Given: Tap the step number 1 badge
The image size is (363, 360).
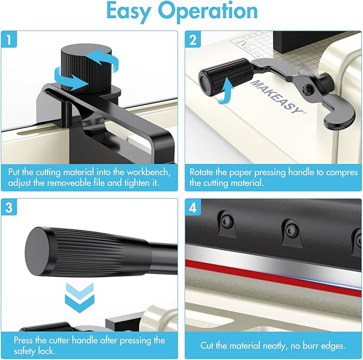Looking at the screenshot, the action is [9, 40].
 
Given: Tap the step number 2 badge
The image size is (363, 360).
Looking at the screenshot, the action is [193, 40].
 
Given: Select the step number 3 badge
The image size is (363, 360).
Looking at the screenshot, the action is [9, 207].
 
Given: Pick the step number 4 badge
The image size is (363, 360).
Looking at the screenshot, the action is [193, 207].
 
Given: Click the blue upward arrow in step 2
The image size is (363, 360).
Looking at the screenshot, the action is [226, 91].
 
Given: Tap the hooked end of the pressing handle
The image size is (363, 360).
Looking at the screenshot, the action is [339, 118].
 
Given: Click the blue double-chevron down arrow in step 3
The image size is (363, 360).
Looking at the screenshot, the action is [80, 298].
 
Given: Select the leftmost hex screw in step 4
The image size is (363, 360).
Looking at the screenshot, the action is [226, 222].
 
